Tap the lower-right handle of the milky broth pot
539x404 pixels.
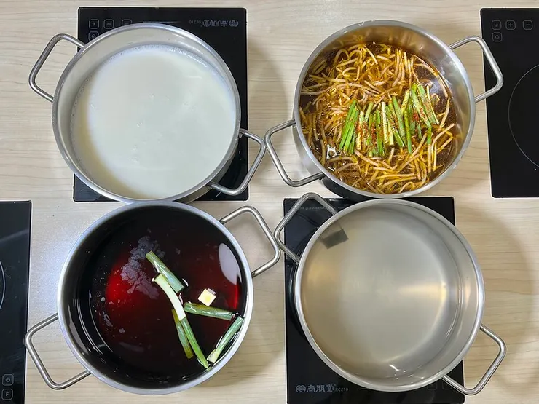(246, 166)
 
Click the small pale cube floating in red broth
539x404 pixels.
(208, 296)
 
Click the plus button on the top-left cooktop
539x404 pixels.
(109, 23)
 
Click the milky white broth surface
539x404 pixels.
(153, 116)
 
